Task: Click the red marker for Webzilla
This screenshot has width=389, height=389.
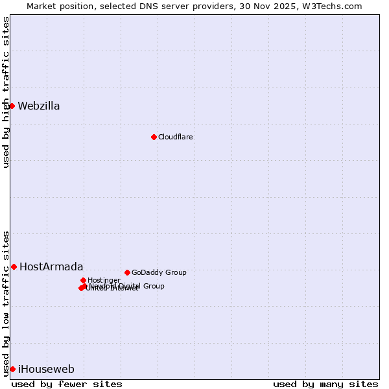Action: point(12,106)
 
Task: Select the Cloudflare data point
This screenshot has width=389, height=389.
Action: point(154,137)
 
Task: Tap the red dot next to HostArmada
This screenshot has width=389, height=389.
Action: point(14,266)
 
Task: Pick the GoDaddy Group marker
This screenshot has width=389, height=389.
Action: point(127,272)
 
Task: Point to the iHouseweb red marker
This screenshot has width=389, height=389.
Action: point(12,369)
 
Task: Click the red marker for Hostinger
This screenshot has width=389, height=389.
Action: point(83,280)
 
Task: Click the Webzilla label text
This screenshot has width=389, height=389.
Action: point(39,106)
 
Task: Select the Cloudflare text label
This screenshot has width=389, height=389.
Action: point(176,137)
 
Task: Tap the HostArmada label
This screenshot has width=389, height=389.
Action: point(51,267)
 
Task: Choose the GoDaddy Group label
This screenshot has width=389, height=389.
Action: point(159,273)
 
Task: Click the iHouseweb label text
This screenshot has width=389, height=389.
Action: point(46,370)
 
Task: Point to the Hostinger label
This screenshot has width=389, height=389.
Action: point(104,281)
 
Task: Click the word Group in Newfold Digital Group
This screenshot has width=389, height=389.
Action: point(153,286)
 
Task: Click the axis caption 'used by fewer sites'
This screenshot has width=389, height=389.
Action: point(67,384)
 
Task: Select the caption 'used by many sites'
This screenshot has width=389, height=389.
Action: point(325,384)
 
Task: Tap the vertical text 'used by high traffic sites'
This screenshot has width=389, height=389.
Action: point(6,92)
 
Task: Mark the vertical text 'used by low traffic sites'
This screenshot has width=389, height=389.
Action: point(6,303)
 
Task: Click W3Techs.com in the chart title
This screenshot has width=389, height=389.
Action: point(335,6)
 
